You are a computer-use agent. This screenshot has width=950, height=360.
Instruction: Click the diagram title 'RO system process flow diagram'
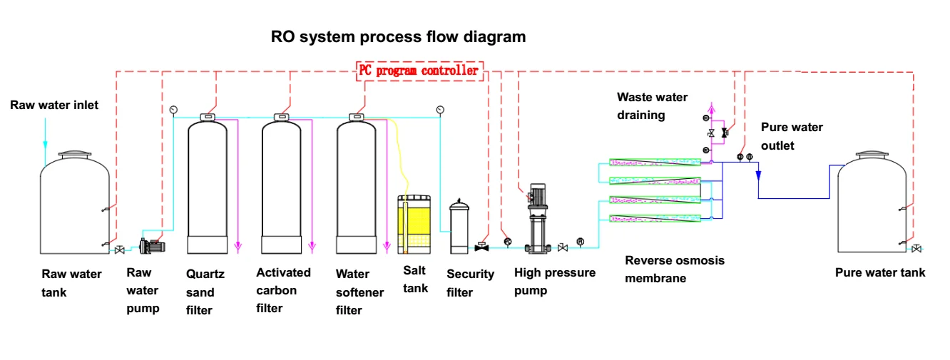pyautogui.click(x=398, y=37)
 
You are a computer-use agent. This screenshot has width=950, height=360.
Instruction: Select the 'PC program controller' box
pyautogui.click(x=419, y=71)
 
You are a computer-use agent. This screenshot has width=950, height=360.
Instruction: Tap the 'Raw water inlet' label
pyautogui.click(x=54, y=106)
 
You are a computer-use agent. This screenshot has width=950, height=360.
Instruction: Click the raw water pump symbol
pyautogui.click(x=152, y=247)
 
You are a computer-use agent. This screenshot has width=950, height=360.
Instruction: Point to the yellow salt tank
pyautogui.click(x=414, y=225)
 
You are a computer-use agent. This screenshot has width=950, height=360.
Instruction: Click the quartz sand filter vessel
pyautogui.click(x=207, y=189)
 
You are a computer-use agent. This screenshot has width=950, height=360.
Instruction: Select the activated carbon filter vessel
pyautogui.click(x=282, y=189)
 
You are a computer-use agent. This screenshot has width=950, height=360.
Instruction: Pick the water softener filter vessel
pyautogui.click(x=357, y=189)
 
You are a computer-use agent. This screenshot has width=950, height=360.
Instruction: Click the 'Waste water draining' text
pyautogui.click(x=652, y=106)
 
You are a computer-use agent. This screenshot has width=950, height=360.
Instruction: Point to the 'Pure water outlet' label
pyautogui.click(x=792, y=136)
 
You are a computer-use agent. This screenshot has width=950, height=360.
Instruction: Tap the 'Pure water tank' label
pyautogui.click(x=880, y=272)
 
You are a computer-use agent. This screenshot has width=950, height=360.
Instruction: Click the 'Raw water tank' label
pyautogui.click(x=71, y=283)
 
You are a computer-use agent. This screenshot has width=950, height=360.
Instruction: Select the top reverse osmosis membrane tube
pyautogui.click(x=654, y=163)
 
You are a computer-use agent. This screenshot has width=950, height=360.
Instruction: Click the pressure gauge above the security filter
pyautogui.click(x=440, y=109)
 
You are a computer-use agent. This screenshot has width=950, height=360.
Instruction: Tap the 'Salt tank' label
pyautogui.click(x=415, y=279)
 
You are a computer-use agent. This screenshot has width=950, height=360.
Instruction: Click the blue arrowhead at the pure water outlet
pyautogui.click(x=758, y=175)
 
